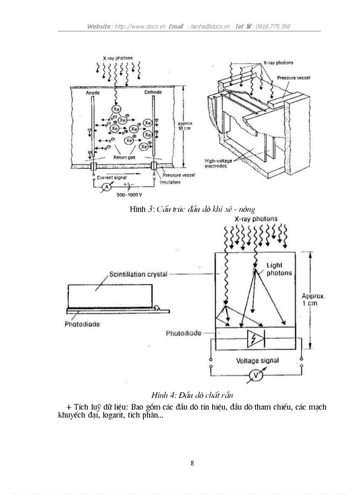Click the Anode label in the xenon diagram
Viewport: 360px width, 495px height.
(93, 93)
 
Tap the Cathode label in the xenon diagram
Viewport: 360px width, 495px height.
(153, 93)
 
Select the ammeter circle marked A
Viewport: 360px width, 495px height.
(105, 188)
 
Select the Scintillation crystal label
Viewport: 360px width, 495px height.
(138, 274)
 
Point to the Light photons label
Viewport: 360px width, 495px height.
(279, 269)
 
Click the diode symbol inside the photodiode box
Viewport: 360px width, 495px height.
(255, 337)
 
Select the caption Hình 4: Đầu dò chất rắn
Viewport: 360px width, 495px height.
(192, 395)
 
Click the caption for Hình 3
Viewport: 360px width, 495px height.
(192, 209)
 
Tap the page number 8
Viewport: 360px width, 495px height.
(192, 463)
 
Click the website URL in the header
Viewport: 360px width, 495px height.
(140, 26)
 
